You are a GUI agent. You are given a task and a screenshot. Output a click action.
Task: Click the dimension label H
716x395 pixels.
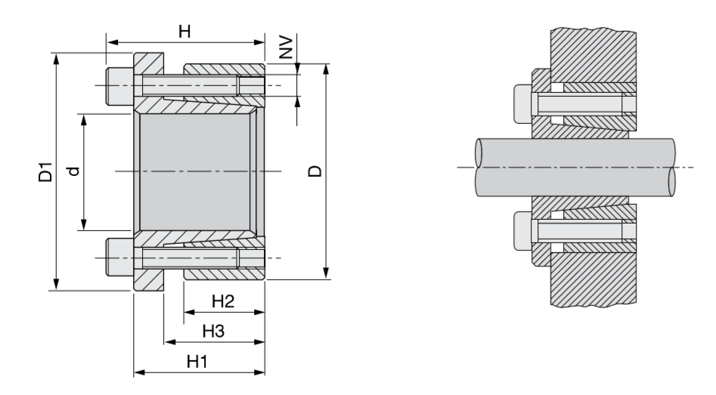(x=183, y=31)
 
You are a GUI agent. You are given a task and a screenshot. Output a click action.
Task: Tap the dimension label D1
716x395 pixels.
(x=45, y=171)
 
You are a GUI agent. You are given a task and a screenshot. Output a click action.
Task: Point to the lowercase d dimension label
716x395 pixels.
(x=72, y=172)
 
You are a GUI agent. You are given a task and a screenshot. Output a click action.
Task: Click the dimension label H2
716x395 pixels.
(x=222, y=301)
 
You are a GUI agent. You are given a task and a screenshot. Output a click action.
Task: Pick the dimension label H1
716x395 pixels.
(x=198, y=361)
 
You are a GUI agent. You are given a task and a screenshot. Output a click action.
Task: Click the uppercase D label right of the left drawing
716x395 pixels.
(x=314, y=171)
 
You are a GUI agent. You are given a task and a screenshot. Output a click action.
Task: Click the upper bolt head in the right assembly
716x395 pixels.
(x=523, y=103)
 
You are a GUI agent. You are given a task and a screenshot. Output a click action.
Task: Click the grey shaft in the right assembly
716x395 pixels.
(x=575, y=166)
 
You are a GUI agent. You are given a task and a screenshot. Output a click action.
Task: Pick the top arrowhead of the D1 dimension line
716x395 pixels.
(x=56, y=57)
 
